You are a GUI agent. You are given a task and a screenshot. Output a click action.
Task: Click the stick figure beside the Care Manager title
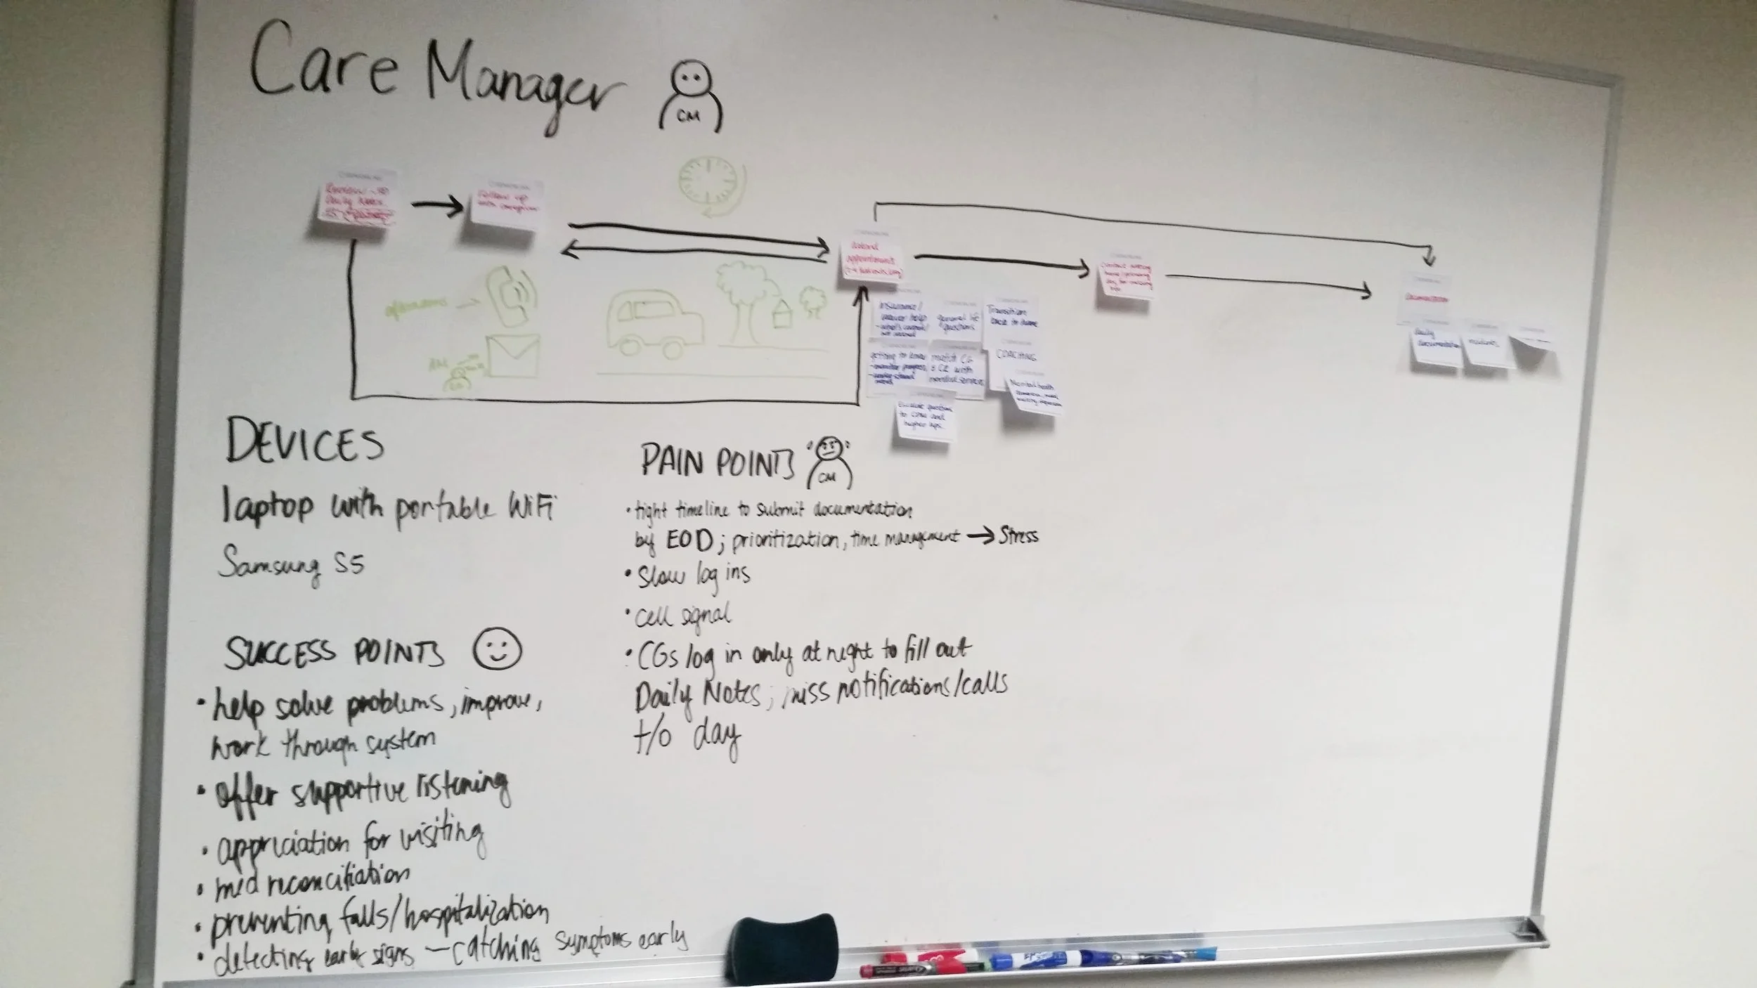coord(690,98)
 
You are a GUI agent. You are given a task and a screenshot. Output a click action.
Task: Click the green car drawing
coord(654,323)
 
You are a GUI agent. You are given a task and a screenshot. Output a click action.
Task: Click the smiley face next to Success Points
coord(497,649)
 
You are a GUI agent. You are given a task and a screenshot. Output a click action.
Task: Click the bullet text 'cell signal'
coord(682,616)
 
